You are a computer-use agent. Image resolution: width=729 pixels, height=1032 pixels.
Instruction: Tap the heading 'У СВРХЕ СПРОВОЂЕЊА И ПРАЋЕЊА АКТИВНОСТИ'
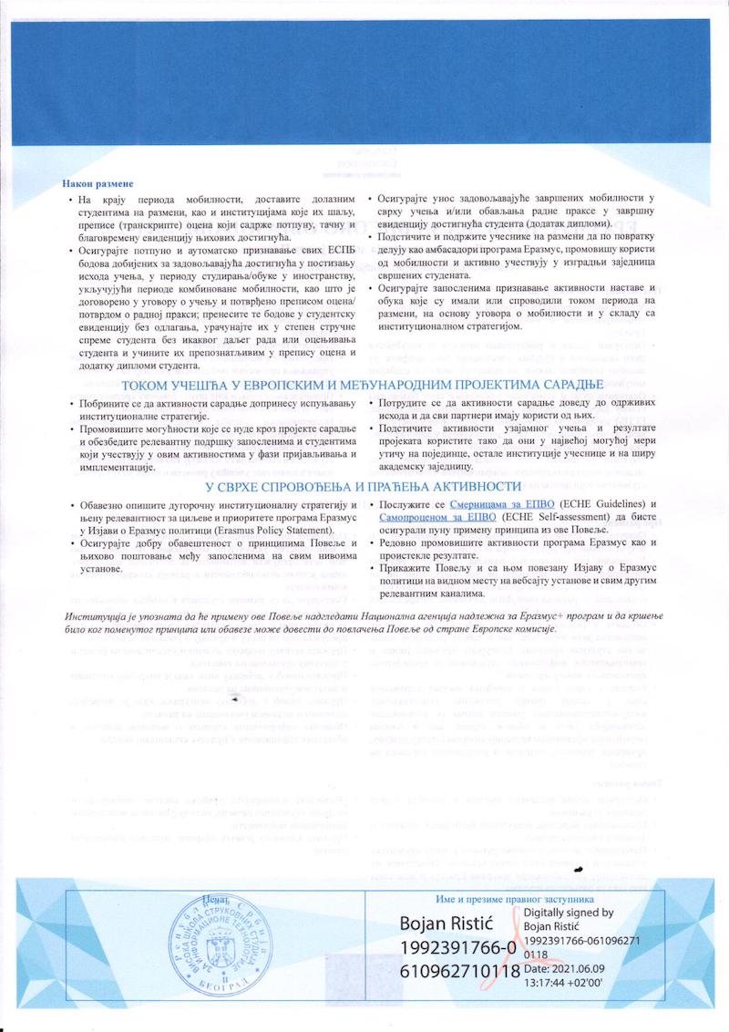pyautogui.click(x=363, y=486)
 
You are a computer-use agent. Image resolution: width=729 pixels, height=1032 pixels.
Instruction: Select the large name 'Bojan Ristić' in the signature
pyautogui.click(x=448, y=923)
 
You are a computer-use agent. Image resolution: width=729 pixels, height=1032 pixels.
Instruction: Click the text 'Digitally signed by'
pyautogui.click(x=568, y=912)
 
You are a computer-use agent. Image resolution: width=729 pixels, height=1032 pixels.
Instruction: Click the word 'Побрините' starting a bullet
pyautogui.click(x=105, y=403)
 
